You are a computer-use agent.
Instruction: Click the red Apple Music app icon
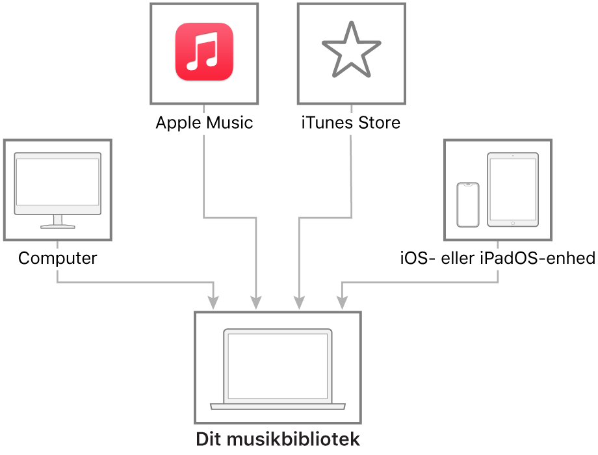click(204, 52)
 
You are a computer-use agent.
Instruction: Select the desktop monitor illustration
click(58, 185)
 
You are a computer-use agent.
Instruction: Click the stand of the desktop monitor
click(58, 222)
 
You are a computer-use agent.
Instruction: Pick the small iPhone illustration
click(468, 205)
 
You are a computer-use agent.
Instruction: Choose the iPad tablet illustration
click(513, 189)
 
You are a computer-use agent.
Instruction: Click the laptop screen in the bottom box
click(278, 366)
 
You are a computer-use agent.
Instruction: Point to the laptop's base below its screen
click(278, 406)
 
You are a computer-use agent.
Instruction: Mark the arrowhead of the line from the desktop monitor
click(213, 303)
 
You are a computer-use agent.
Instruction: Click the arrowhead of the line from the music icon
click(256, 303)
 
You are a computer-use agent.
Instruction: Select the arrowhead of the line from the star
click(299, 303)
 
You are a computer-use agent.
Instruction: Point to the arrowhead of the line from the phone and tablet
click(342, 303)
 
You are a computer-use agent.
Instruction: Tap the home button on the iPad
click(513, 223)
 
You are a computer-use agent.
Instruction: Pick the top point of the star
click(351, 24)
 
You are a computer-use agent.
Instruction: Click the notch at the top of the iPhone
click(468, 185)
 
